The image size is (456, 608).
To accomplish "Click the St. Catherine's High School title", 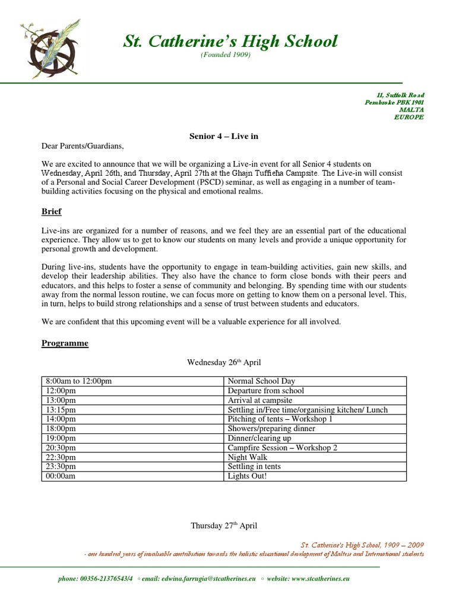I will click(230, 41).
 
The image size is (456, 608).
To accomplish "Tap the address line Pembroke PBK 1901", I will click(394, 103).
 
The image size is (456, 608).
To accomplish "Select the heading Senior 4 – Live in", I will click(224, 136).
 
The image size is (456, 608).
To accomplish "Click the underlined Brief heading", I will click(52, 211).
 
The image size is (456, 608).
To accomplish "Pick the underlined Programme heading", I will click(65, 343).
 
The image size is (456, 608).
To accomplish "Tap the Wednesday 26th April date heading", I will click(224, 362).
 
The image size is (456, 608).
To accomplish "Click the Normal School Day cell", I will click(261, 381).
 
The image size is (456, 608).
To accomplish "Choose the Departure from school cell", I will click(265, 391).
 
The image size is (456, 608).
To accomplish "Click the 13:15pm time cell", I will click(60, 410).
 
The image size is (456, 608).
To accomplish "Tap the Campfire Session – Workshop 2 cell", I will click(283, 448).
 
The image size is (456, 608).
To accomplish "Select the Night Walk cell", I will click(248, 457).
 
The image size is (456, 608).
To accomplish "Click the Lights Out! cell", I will click(248, 476).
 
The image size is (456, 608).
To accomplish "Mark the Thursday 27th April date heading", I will click(224, 525).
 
